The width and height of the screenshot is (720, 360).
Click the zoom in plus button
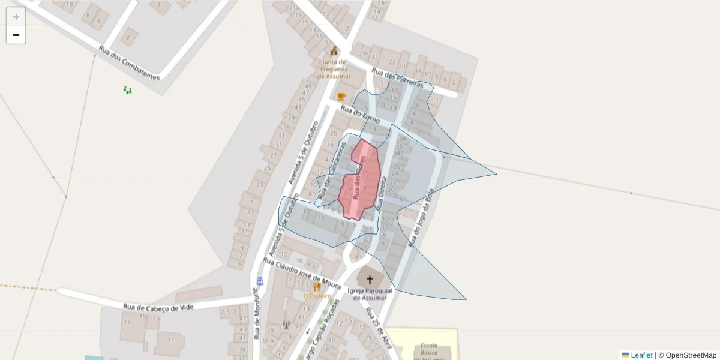point(16,17)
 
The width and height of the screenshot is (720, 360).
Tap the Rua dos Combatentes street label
point(129,64)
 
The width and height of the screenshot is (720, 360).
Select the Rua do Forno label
point(360,115)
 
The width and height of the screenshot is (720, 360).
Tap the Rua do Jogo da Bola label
point(421,217)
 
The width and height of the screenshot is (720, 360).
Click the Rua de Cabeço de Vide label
point(158,308)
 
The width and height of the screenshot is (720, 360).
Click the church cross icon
point(370,279)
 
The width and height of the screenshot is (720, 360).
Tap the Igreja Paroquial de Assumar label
point(370,294)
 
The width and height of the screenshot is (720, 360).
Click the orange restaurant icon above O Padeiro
point(317,287)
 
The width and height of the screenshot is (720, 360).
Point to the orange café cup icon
point(341,96)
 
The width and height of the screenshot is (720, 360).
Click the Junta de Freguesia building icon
point(334,51)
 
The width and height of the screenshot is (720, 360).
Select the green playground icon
point(127,90)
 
